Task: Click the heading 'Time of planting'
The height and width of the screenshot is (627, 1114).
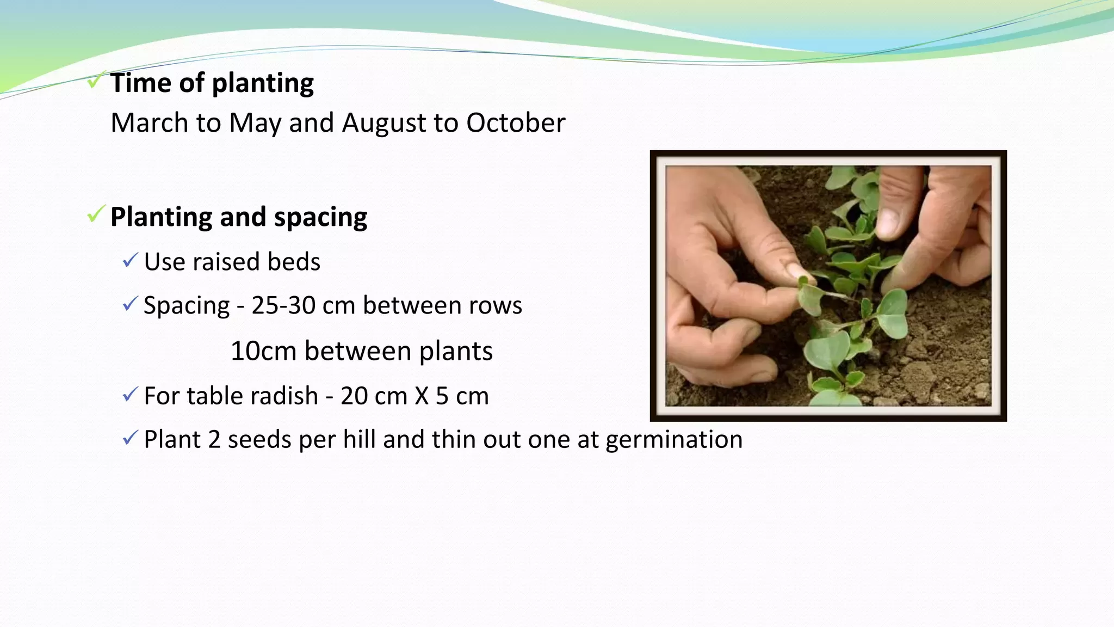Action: click(212, 83)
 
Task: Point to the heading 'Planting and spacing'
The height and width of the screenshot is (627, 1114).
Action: click(239, 217)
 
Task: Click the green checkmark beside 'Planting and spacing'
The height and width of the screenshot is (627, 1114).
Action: click(96, 214)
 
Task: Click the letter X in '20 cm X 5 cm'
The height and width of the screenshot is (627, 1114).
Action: click(422, 396)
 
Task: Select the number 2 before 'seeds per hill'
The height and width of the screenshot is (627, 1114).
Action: click(214, 440)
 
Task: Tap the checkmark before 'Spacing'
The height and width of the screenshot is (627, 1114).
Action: click(130, 304)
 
